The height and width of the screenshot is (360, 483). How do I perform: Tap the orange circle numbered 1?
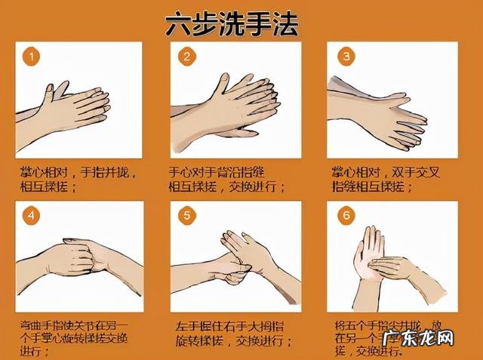point(30,57)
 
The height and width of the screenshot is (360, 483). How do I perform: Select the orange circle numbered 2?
point(186,57)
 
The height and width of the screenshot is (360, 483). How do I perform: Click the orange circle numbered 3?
point(346,57)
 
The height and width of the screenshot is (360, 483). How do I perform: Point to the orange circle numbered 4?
point(30,216)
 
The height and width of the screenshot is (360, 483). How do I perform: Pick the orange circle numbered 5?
point(186,216)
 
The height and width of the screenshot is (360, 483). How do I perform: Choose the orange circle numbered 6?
point(346,216)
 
